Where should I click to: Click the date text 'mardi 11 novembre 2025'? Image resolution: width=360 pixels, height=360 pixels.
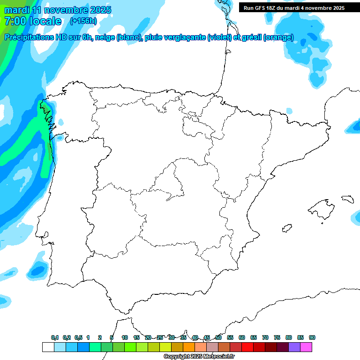(58, 10)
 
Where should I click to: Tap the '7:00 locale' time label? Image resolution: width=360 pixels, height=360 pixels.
(32, 21)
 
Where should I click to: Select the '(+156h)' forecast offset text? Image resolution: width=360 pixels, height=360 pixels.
(83, 21)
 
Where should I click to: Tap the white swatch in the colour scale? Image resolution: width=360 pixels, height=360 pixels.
(48, 347)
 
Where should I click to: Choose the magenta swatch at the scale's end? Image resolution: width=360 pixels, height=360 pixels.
(306, 347)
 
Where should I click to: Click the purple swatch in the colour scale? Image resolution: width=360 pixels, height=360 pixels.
(294, 347)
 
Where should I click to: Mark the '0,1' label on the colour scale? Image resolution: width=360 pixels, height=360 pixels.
(55, 337)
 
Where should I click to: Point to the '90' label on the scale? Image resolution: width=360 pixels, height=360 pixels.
(312, 337)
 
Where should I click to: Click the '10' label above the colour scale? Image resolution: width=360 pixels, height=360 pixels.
(125, 337)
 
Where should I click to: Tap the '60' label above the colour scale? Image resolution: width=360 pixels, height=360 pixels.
(242, 337)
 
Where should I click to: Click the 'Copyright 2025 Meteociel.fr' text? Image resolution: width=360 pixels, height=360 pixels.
(199, 357)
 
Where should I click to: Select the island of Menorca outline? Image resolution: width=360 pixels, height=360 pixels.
(347, 199)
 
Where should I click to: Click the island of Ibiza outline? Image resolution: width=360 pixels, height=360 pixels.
(285, 228)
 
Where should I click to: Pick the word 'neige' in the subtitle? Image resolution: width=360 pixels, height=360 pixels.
(106, 37)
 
